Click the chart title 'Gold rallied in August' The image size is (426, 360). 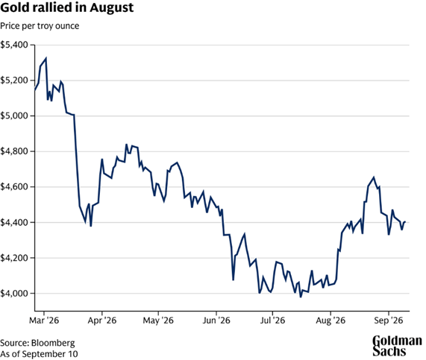[67, 7]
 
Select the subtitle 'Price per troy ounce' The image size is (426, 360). [40, 26]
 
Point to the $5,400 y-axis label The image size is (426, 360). [14, 45]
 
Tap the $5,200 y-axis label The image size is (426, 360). [14, 80]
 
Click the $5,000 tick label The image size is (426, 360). [14, 116]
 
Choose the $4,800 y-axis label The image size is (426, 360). [14, 151]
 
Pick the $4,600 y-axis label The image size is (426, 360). [14, 187]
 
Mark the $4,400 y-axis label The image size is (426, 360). [14, 222]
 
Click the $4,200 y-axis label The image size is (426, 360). [14, 258]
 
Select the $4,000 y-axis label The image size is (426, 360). [14, 294]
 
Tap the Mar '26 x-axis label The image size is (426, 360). [44, 320]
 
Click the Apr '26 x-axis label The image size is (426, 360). [102, 320]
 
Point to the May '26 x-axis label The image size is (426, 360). [158, 320]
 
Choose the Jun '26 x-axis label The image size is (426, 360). [216, 320]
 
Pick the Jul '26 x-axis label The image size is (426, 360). [272, 320]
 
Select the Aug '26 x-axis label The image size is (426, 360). [331, 320]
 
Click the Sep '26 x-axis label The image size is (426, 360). [389, 320]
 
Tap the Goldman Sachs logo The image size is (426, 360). [397, 346]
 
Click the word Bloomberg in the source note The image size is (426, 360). [53, 343]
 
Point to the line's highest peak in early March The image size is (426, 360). [46, 58]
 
